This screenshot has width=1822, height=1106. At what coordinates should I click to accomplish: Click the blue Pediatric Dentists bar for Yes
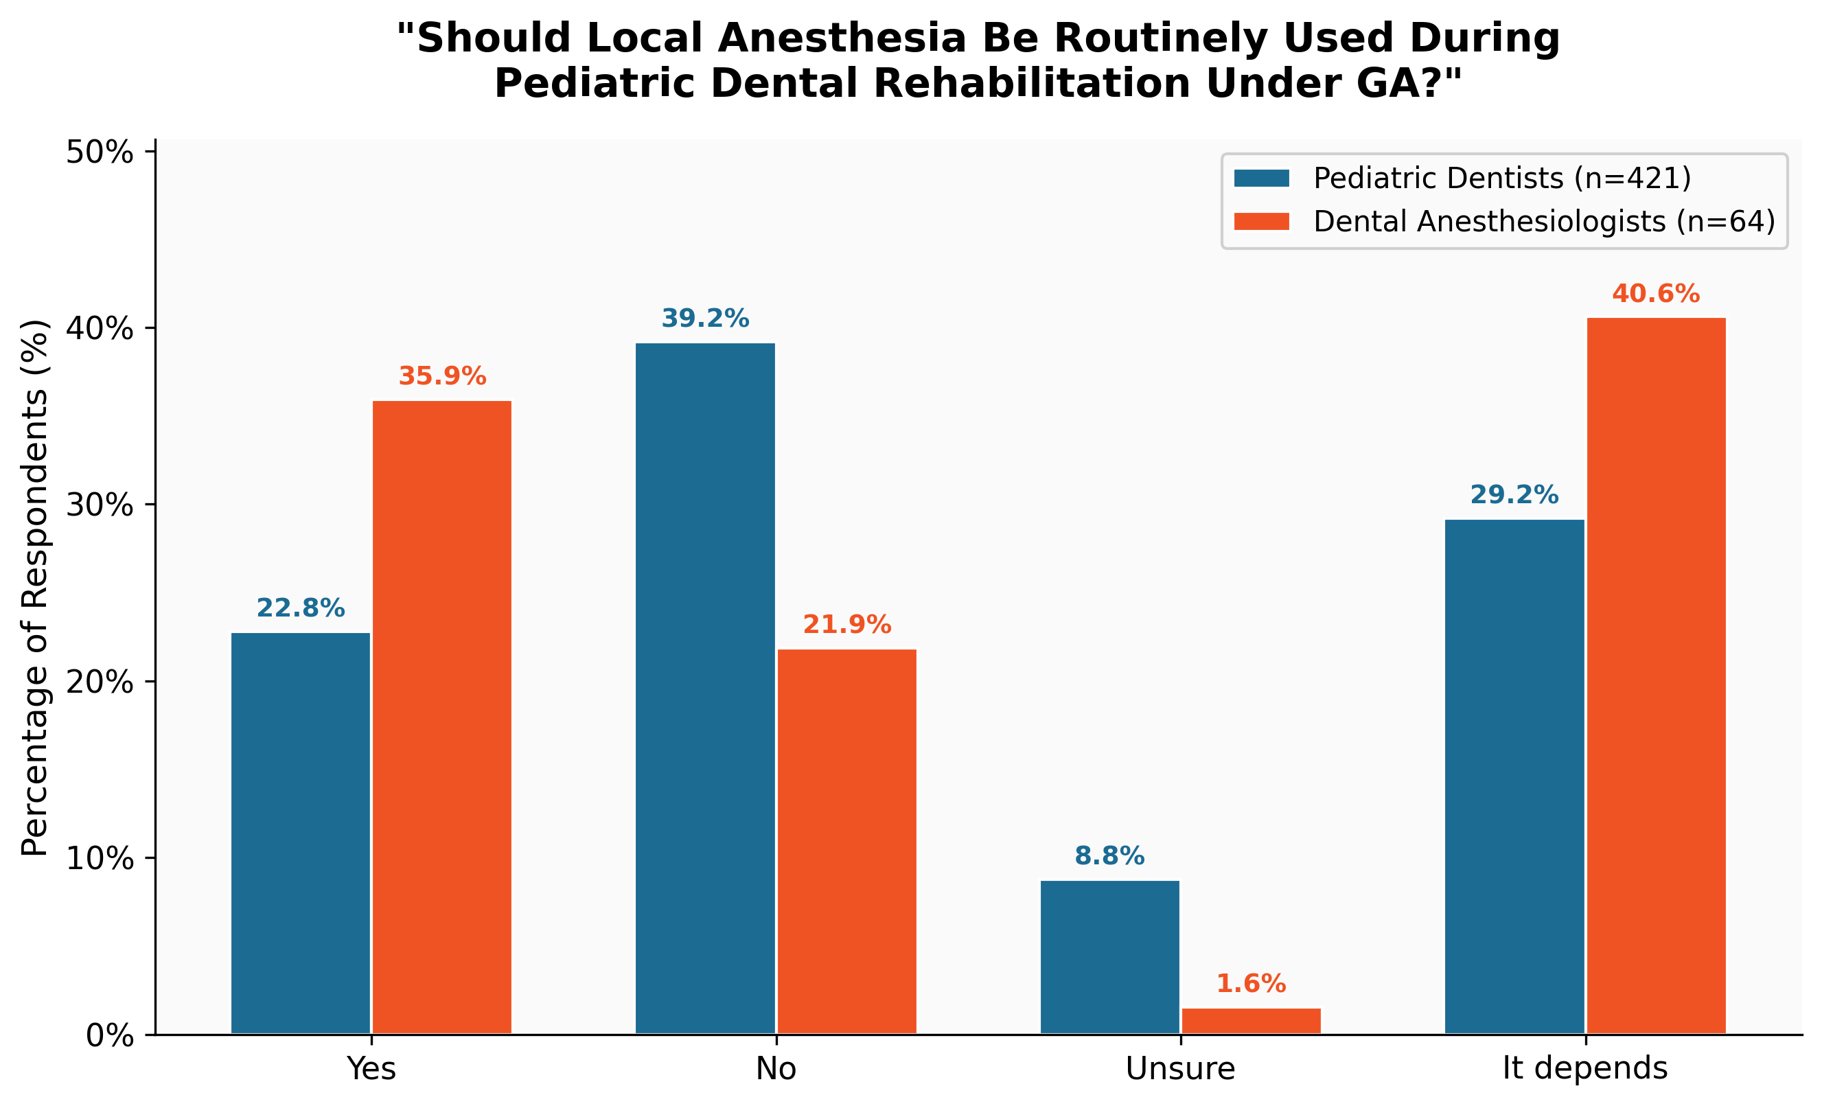click(300, 833)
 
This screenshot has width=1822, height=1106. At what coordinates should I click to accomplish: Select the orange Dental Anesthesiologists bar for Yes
click(441, 717)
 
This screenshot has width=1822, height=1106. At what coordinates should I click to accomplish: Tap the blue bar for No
click(706, 687)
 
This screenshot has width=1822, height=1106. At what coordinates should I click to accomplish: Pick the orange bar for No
click(846, 841)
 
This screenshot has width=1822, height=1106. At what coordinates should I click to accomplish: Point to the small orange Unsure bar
click(1251, 1021)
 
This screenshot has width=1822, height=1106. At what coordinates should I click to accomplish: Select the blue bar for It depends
click(1514, 776)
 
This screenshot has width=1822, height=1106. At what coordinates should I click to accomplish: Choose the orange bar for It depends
click(1657, 676)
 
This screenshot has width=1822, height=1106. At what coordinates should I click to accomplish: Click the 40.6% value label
click(1657, 295)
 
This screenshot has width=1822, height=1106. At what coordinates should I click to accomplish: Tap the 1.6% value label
click(1251, 984)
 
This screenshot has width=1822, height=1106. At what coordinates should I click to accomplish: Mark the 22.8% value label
click(300, 608)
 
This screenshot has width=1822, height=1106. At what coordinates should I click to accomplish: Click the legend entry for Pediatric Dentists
click(1501, 178)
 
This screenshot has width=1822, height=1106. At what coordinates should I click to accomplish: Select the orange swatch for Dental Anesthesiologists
click(1262, 222)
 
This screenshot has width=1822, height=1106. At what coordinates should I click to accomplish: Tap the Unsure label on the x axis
click(1180, 1069)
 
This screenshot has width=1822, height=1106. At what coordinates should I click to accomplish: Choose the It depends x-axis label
click(1585, 1069)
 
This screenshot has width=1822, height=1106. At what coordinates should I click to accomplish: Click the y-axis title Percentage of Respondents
click(34, 588)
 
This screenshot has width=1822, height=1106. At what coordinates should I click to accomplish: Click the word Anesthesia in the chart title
click(842, 38)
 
